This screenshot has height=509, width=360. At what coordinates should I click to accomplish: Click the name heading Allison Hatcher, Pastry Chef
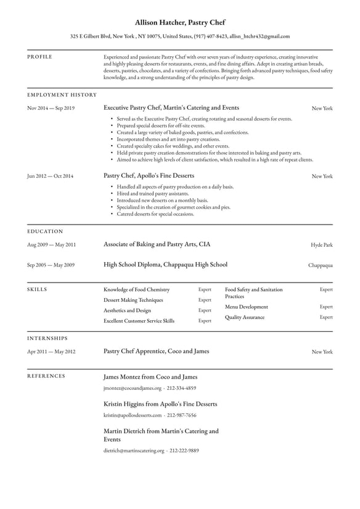[x=180, y=22]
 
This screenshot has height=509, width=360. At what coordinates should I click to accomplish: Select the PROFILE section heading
[x=39, y=57]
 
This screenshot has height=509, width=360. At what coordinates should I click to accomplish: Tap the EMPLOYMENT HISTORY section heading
[x=62, y=95]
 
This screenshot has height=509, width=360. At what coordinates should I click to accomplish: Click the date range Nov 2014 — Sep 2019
[x=51, y=108]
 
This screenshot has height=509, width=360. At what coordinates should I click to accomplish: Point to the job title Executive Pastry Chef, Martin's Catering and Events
[x=171, y=107]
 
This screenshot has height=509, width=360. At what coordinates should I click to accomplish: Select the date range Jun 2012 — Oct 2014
[x=50, y=176]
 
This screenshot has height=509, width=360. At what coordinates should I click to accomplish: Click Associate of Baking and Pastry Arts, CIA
[x=157, y=244]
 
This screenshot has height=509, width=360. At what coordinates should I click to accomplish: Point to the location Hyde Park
[x=321, y=245]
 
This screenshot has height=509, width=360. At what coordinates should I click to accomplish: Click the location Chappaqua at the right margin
[x=320, y=265]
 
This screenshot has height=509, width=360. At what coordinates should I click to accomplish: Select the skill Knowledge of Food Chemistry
[x=136, y=289]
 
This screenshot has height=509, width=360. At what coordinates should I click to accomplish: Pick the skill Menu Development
[x=246, y=307]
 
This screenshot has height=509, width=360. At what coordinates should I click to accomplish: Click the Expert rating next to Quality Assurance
[x=325, y=317]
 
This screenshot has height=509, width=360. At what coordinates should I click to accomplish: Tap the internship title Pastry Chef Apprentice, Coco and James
[x=156, y=351]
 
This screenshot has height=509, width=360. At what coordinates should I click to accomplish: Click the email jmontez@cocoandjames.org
[x=132, y=388]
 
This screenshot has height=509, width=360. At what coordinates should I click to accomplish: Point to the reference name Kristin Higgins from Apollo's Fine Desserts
[x=160, y=404]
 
